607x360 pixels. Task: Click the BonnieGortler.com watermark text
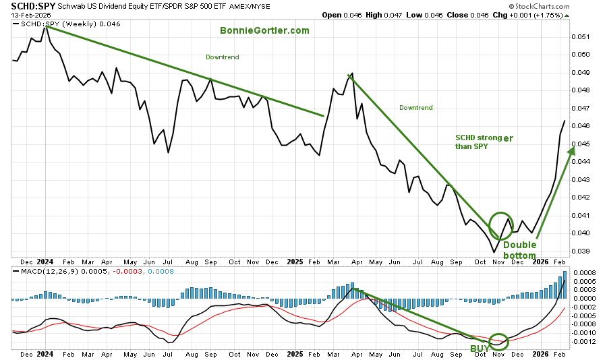pyautogui.click(x=264, y=30)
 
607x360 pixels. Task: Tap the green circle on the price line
pyautogui.click(x=501, y=225)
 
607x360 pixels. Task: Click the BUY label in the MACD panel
pyautogui.click(x=480, y=348)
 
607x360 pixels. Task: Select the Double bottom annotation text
pyautogui.click(x=519, y=250)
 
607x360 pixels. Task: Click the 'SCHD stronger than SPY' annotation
pyautogui.click(x=483, y=141)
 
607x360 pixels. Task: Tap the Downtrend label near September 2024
pyautogui.click(x=223, y=57)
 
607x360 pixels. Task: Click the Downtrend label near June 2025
pyautogui.click(x=415, y=107)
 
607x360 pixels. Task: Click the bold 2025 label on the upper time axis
pyautogui.click(x=295, y=260)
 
